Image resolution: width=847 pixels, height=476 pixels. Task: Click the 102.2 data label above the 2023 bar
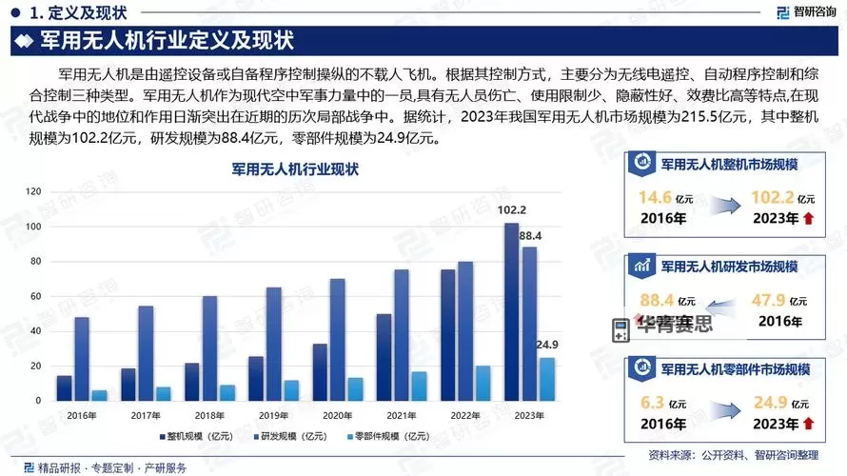[x=512, y=210]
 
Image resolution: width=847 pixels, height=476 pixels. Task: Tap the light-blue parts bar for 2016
[x=99, y=395]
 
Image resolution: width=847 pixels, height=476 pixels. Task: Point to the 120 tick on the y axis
[x=34, y=191]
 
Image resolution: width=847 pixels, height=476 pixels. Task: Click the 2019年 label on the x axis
[x=273, y=415]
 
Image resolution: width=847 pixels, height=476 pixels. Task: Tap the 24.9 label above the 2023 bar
[x=548, y=345]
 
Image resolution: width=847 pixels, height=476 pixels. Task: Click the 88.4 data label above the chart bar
[x=531, y=235]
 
